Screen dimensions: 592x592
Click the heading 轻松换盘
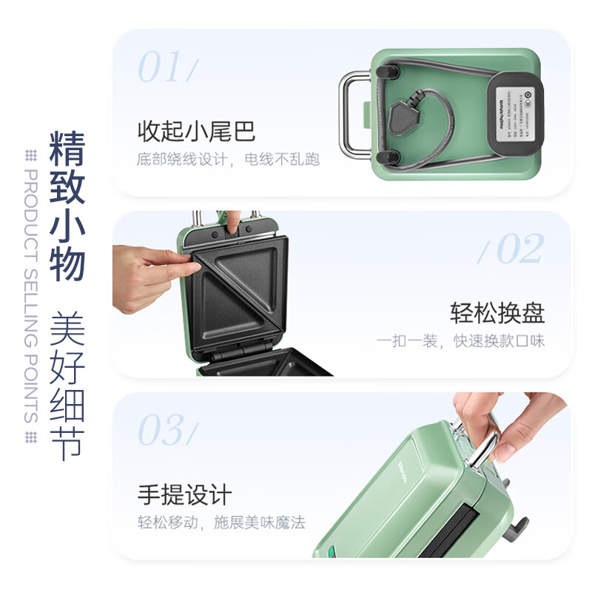pos(497,313)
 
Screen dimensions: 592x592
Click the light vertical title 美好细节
pos(67,385)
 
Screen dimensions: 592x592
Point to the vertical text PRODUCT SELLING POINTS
pos(31,296)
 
